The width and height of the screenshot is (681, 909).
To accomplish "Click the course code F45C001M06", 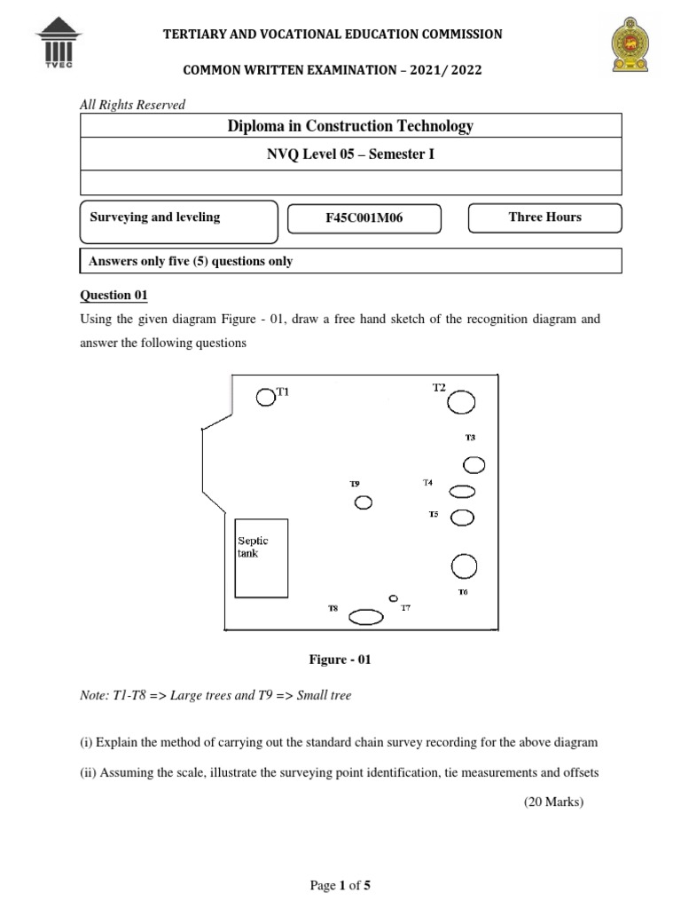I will click(364, 217).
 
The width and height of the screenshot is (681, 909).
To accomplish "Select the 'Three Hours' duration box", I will click(544, 217).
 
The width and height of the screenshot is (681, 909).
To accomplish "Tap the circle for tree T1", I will click(266, 397).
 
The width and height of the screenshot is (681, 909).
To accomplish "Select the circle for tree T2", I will click(460, 403).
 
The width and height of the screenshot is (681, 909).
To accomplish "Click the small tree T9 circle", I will click(363, 503).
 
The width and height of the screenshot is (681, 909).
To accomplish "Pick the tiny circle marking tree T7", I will click(394, 598).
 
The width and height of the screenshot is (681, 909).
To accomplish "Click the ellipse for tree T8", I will click(364, 616).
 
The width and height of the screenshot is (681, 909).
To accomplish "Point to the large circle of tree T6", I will click(464, 565).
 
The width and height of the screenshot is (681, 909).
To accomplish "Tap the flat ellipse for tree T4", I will click(463, 491).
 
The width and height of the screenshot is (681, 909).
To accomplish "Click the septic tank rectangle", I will click(261, 557).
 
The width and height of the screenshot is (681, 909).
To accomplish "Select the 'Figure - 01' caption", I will click(340, 660).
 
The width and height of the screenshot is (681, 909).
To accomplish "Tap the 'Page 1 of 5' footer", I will click(340, 885).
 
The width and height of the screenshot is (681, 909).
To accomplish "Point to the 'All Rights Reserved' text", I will click(133, 105).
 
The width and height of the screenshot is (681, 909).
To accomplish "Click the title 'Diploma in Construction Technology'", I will click(350, 126).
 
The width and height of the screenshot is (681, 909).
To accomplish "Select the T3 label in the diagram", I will click(470, 438).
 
